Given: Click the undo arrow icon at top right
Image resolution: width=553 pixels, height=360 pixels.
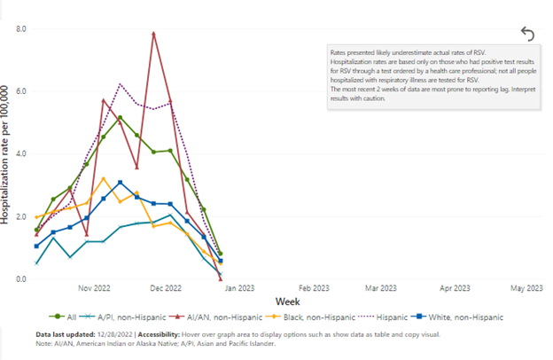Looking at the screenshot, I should [527, 34].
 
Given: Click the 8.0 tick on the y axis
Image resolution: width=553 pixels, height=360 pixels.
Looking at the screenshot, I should [20, 29].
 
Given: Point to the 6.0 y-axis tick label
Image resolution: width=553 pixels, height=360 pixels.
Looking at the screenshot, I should [20, 91].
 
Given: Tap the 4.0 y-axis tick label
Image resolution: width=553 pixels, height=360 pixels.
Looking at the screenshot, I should [20, 153].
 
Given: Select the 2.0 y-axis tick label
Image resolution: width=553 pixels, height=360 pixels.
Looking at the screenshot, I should [20, 216].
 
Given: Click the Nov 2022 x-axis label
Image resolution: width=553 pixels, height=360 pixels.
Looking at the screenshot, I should [93, 288].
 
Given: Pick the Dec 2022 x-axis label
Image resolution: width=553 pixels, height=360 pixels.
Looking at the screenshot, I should [167, 288].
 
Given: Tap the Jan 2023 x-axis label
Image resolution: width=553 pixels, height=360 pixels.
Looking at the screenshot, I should [236, 288].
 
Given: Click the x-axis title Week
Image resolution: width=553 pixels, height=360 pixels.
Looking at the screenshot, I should [286, 301].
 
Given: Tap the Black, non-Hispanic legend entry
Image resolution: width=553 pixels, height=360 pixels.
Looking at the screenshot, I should [316, 317].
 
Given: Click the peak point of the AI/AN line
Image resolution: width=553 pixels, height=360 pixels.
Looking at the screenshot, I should [154, 34].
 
